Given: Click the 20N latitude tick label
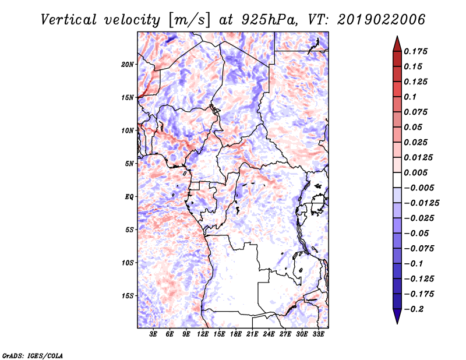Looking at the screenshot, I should pos(128,64).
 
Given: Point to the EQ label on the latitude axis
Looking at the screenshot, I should pos(129,196).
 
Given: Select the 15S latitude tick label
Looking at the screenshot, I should pos(128,295).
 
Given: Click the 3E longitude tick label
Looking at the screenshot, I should pos(153,334).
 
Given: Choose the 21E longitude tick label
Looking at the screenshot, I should pos(252,334).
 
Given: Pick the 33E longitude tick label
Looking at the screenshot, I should pos(318,334).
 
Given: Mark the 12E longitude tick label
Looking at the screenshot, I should pos(203,334).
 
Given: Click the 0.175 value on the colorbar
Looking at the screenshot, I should pos(417,51).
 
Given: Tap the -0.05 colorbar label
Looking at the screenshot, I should pos(417,233).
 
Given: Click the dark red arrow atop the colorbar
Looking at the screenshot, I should pos(397,44).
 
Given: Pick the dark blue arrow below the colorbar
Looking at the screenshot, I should pos(397,316).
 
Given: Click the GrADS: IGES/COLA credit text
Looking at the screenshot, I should pos(33,354).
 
